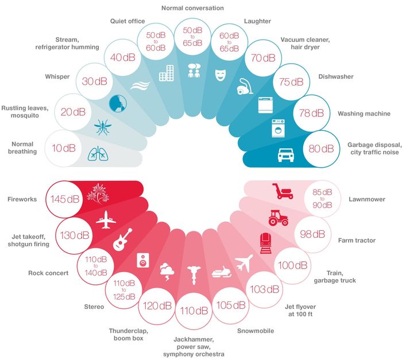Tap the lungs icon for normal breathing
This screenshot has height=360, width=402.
coord(98,154)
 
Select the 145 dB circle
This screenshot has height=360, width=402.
coord(64,199)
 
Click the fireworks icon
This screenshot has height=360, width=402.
coord(98,194)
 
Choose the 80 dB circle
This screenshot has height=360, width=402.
coord(321,149)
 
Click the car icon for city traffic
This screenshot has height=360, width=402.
coord(286,154)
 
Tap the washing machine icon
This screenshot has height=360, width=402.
coord(278,128)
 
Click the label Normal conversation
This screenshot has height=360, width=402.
coord(192,8)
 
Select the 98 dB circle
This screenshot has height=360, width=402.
coord(312,234)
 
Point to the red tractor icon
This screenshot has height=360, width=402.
coord(279,218)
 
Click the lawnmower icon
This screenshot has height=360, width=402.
coord(283,191)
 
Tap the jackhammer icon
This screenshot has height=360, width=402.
coord(194,275)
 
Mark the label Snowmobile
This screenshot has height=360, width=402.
coord(256,331)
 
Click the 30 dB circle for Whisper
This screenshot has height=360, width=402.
coord(95,82)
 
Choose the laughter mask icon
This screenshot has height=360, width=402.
coord(221,75)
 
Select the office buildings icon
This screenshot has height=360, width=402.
coord(167,73)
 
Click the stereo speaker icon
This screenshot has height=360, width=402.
coord(143,260)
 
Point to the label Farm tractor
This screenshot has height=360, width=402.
coord(357,241)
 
